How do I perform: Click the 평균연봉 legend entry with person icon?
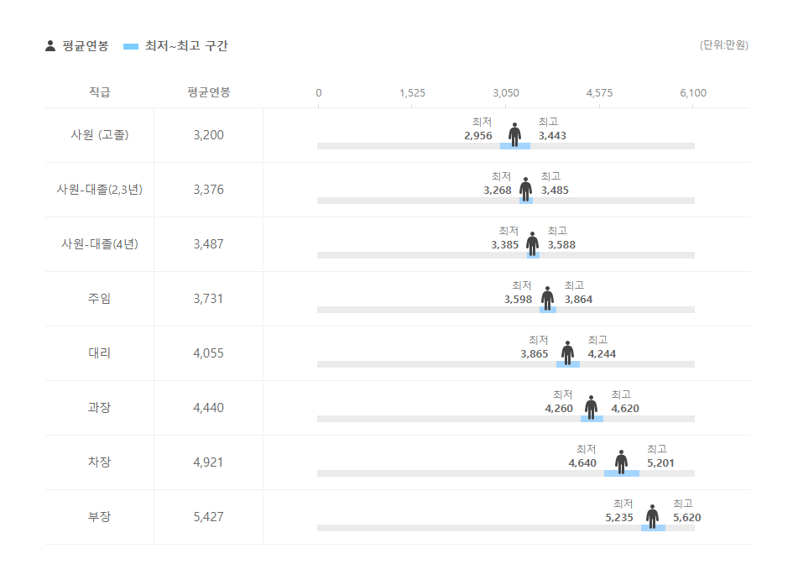(x=77, y=46)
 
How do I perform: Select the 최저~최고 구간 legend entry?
(x=175, y=46)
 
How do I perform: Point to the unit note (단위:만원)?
(x=723, y=44)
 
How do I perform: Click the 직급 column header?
(x=99, y=92)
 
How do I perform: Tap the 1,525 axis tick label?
(x=412, y=92)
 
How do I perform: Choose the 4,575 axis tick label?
(x=599, y=92)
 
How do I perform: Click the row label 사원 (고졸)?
(x=100, y=134)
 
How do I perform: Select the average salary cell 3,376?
(x=208, y=189)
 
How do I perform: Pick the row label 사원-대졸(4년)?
(x=100, y=243)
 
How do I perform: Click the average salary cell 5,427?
(x=208, y=516)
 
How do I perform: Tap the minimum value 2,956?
(x=477, y=135)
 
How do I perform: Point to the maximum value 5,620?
(x=686, y=517)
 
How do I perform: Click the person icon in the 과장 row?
(x=591, y=407)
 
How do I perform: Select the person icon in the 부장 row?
(x=652, y=516)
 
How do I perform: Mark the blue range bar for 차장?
(x=621, y=473)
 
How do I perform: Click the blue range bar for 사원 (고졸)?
(x=514, y=146)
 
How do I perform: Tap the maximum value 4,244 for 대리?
(x=602, y=353)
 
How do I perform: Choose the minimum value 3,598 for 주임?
(x=518, y=299)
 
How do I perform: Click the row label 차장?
(x=99, y=462)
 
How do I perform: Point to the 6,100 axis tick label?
(x=693, y=92)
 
